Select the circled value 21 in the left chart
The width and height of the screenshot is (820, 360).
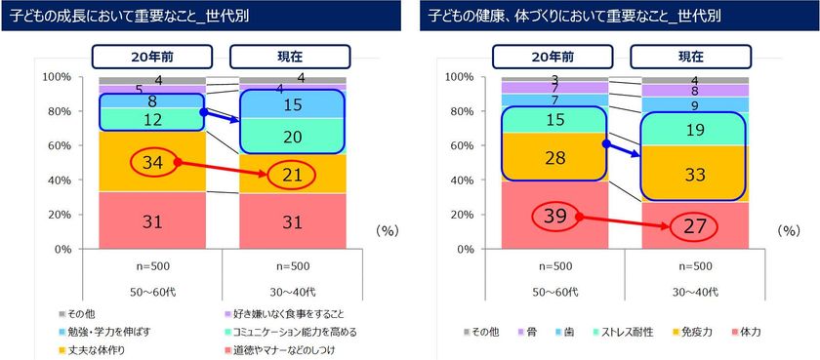pos(292,175)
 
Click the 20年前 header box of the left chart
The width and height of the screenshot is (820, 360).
pos(152,57)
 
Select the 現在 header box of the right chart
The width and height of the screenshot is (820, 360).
pos(693,57)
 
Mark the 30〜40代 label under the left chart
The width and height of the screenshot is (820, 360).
pos(292,292)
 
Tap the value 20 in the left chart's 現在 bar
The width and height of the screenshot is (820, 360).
pos(292,136)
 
